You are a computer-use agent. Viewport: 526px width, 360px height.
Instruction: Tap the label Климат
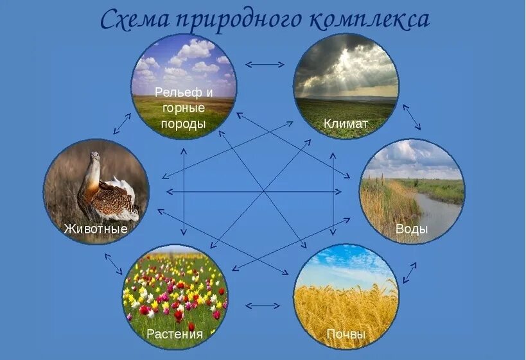346,123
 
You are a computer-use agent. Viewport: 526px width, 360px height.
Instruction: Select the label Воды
412,230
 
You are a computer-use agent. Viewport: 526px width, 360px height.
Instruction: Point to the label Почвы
346,334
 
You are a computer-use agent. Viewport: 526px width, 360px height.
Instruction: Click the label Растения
175,334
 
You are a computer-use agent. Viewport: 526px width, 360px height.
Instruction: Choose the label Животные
96,228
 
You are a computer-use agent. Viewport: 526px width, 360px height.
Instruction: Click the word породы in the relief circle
184,124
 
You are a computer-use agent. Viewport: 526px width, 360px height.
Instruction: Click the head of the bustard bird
95,157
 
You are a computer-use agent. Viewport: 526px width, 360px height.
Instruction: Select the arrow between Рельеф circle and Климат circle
265,64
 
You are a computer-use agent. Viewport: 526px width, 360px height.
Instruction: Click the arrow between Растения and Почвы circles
262,305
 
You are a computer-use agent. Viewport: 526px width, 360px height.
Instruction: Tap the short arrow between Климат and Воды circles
412,117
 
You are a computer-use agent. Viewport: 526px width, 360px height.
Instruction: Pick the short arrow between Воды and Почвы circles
409,272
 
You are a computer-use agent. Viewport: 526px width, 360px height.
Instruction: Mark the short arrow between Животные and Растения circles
113,263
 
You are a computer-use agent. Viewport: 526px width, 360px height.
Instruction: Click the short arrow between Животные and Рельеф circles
122,123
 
